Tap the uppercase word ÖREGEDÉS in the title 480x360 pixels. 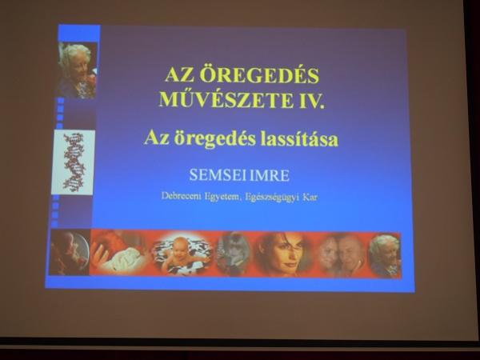coord(260,75)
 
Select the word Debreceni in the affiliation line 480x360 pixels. coord(181,196)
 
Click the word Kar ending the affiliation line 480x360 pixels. coord(310,197)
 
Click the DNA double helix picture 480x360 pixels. coord(73,162)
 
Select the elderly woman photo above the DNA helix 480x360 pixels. coord(77,70)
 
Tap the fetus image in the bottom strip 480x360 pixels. coord(70,252)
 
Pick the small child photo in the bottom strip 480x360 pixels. coord(234,253)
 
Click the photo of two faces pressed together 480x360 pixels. coord(342,254)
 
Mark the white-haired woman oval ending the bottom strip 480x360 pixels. coord(385,256)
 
